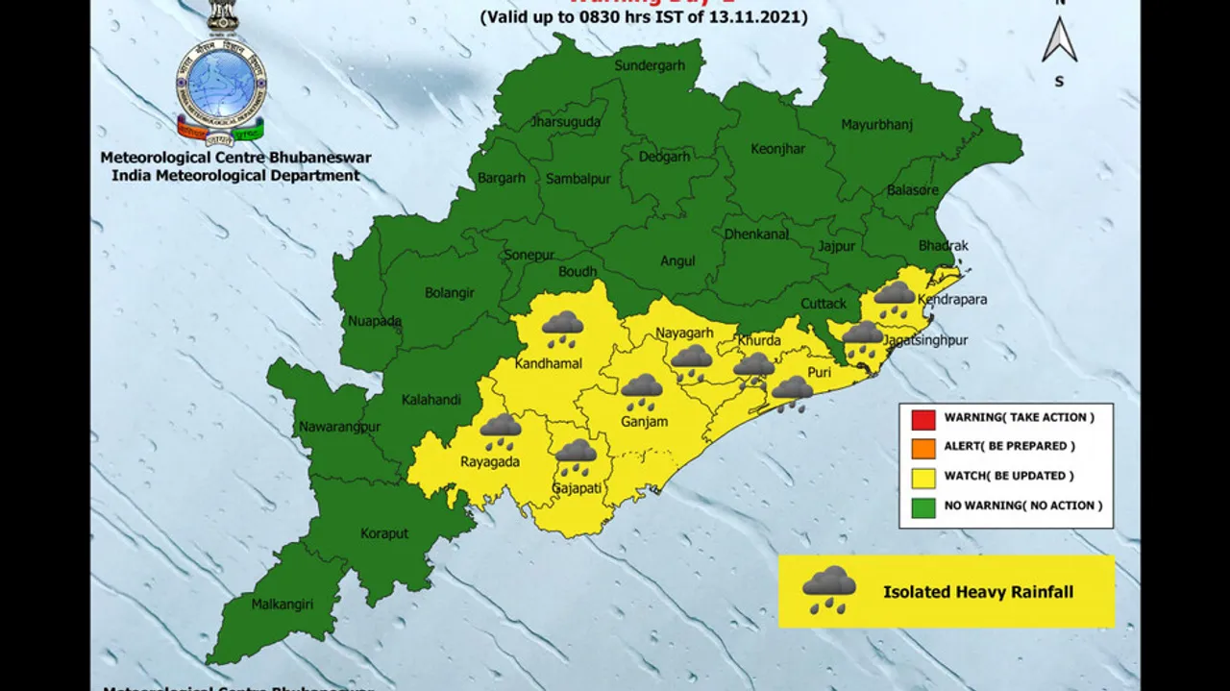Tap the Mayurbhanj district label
876,125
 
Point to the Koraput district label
384,533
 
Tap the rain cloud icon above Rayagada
501,432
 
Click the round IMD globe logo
222,81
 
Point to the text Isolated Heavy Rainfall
978,592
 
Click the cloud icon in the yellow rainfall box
829,589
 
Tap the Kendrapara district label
952,300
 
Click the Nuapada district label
375,321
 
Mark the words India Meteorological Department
235,176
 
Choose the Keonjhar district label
779,149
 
